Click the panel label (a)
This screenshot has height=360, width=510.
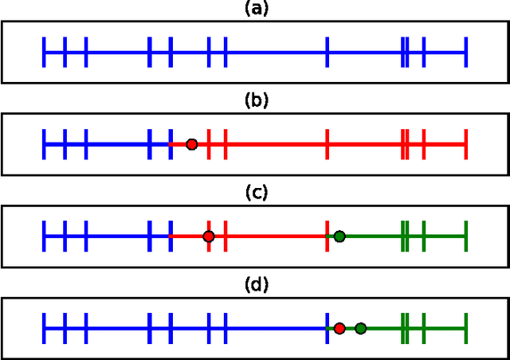[256, 9]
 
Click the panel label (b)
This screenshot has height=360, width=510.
[256, 100]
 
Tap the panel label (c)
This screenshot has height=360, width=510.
[256, 192]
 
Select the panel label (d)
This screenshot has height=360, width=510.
[256, 284]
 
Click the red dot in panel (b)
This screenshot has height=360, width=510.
[191, 144]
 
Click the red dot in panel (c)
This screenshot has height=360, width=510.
[208, 237]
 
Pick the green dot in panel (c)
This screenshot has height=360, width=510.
[339, 237]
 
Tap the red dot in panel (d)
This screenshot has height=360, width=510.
[339, 328]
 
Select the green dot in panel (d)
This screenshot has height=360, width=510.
[360, 328]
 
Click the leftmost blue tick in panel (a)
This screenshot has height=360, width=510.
[45, 53]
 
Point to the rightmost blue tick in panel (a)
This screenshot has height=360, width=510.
[465, 53]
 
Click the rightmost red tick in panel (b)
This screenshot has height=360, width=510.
[465, 144]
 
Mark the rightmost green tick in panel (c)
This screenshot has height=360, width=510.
[465, 237]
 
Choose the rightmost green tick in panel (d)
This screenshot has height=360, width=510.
[465, 328]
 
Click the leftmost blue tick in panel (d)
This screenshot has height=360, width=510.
[45, 328]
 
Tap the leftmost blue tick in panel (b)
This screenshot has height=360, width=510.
[45, 144]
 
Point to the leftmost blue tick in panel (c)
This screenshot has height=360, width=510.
[45, 237]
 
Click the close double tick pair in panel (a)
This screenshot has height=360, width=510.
[406, 53]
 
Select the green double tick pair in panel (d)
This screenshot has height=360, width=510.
[406, 328]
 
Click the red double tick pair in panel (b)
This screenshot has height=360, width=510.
[406, 144]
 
